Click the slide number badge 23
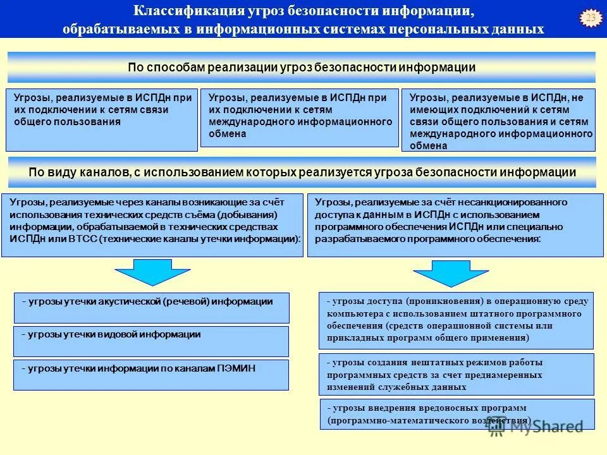tap(591, 18)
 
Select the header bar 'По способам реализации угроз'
tap(301, 68)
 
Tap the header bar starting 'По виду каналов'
tap(301, 173)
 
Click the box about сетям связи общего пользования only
tap(102, 120)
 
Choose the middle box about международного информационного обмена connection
tap(300, 118)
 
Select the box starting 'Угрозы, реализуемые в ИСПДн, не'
tap(498, 120)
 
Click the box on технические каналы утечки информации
tap(153, 224)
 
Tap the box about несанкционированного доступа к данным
tap(455, 224)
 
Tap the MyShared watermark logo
tap(535, 427)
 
